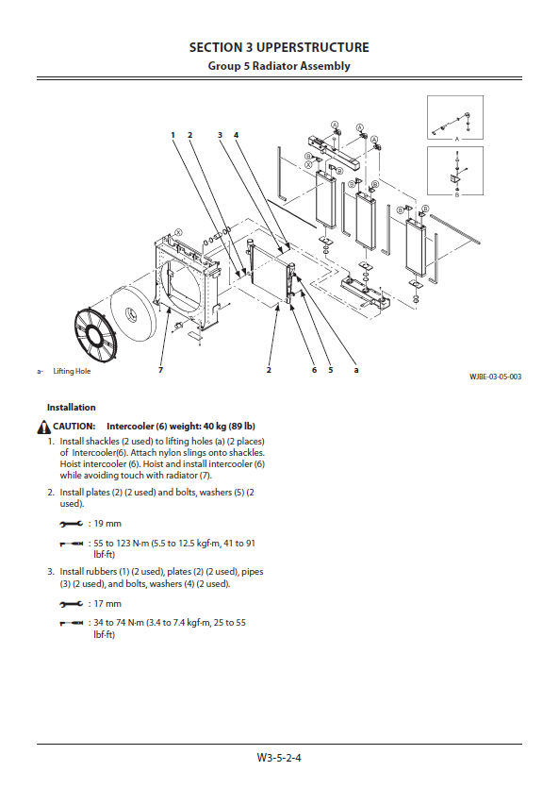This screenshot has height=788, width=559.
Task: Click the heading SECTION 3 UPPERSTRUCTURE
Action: click(x=279, y=48)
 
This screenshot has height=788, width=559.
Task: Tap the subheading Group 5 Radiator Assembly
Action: click(x=279, y=66)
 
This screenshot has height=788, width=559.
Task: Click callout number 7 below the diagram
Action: click(x=160, y=370)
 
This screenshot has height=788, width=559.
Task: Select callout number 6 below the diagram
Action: click(x=314, y=370)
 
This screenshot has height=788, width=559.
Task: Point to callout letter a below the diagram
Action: click(x=356, y=370)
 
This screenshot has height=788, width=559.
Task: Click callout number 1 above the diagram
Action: click(x=173, y=135)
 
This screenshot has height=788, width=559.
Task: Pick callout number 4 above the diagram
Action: click(x=236, y=135)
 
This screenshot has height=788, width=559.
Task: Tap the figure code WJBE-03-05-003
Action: click(x=495, y=377)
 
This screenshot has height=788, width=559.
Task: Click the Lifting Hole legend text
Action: click(x=72, y=371)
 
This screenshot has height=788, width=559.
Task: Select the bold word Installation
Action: click(x=72, y=407)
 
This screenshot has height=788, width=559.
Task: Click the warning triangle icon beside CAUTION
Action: click(x=43, y=428)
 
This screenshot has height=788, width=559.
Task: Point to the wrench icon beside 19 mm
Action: click(x=72, y=524)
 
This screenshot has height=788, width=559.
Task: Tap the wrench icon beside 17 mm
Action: click(x=72, y=604)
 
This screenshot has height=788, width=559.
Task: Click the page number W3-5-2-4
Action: click(x=279, y=758)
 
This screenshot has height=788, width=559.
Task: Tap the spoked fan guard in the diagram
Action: click(x=95, y=335)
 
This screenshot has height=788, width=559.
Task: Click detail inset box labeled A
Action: click(x=455, y=118)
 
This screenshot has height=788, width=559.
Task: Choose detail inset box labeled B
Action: click(x=455, y=171)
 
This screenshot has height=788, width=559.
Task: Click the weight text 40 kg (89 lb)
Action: click(x=229, y=427)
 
